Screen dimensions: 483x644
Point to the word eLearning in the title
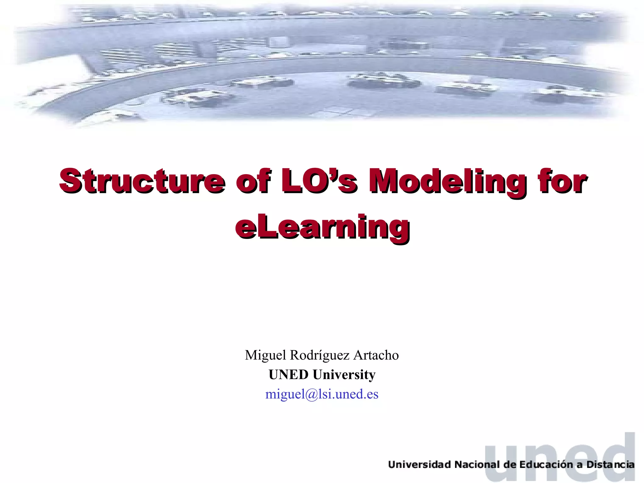coord(322,227)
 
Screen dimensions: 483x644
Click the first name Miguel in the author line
coord(265,355)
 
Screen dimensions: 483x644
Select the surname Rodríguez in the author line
coord(319,355)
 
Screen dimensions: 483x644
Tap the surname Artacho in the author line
coord(376,355)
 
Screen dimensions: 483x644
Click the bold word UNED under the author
coord(288,375)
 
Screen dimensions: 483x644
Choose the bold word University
coord(344,375)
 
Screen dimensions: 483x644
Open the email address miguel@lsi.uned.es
coord(322,394)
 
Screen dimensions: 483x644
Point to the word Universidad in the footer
coord(419,465)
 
